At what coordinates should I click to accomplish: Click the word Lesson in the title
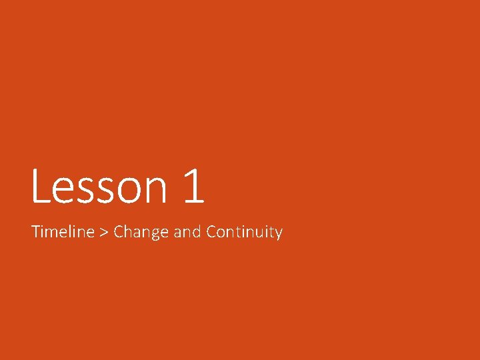pyautogui.click(x=98, y=187)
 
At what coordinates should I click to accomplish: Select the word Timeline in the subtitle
pyautogui.click(x=63, y=232)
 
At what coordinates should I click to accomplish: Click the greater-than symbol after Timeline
pyautogui.click(x=104, y=233)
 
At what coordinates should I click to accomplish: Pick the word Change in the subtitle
pyautogui.click(x=141, y=233)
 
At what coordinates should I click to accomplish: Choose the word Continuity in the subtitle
pyautogui.click(x=244, y=233)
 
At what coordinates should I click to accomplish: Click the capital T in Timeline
pyautogui.click(x=36, y=232)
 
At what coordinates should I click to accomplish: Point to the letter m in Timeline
pyautogui.click(x=53, y=233)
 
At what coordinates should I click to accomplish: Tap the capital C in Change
pyautogui.click(x=119, y=232)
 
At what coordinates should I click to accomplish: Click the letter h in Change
pyautogui.click(x=129, y=232)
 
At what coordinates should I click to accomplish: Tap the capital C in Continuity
pyautogui.click(x=211, y=232)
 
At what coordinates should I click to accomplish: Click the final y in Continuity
pyautogui.click(x=279, y=235)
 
